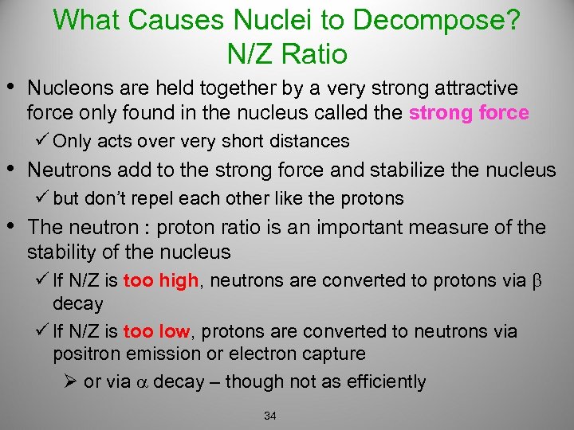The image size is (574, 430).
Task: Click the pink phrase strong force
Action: pyautogui.click(x=469, y=113)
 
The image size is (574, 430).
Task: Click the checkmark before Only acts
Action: pyautogui.click(x=42, y=141)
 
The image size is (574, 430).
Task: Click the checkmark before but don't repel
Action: pyautogui.click(x=42, y=197)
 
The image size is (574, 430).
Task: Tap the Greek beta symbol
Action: pyautogui.click(x=536, y=282)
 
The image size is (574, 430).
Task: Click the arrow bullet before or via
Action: pyautogui.click(x=70, y=381)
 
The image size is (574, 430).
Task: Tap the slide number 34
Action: pyautogui.click(x=269, y=416)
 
